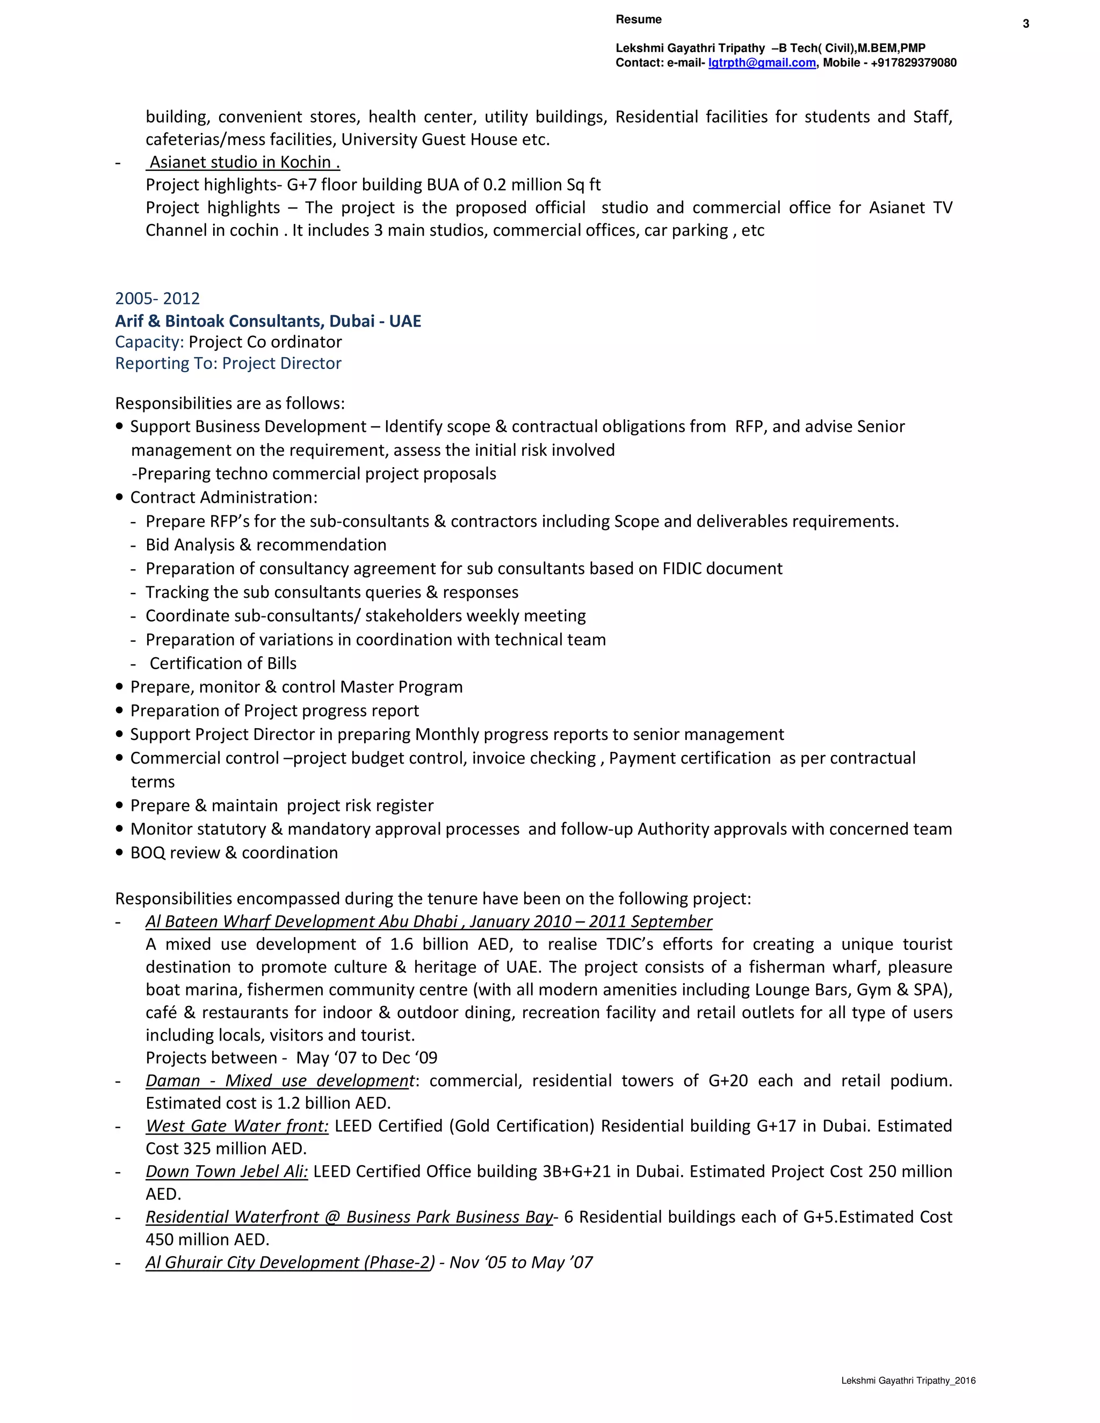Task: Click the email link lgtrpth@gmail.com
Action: [762, 62]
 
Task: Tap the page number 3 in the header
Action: [1026, 24]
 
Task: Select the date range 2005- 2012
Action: [157, 299]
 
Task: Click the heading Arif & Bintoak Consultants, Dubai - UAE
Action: [268, 321]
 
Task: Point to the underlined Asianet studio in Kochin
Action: [244, 162]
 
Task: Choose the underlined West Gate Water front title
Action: [236, 1126]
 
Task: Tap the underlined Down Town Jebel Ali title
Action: [226, 1172]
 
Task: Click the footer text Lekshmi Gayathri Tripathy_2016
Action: [908, 1381]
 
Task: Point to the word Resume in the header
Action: [638, 19]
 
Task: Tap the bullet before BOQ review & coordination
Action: [119, 852]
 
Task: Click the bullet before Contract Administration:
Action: [119, 497]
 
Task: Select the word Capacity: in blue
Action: [149, 342]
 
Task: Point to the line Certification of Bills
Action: [223, 663]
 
